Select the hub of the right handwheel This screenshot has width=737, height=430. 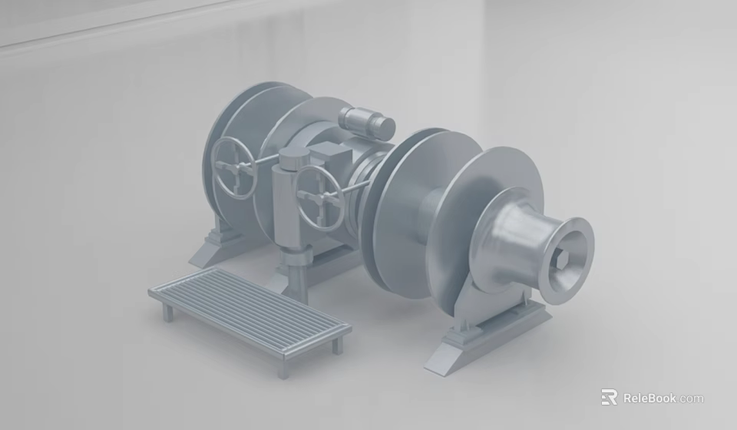click(x=321, y=197)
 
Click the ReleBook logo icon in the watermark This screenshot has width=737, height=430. click(x=609, y=397)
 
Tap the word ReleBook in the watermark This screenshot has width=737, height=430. click(x=649, y=398)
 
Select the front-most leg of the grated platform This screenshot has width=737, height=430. click(x=283, y=368)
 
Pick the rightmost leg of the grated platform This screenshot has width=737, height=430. click(x=336, y=345)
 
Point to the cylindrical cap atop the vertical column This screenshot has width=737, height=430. click(x=292, y=160)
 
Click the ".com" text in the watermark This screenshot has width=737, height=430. click(x=690, y=398)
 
